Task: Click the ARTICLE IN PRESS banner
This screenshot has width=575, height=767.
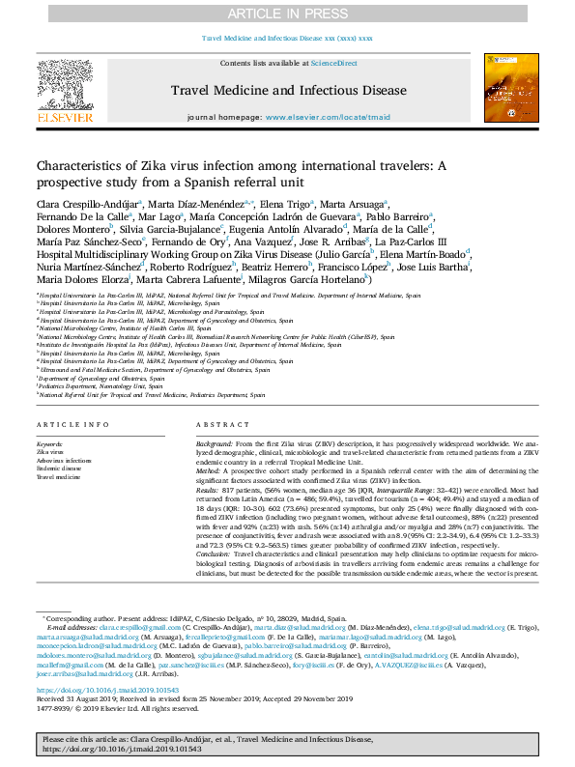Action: pos(287,13)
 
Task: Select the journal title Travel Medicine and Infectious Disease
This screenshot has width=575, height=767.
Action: pos(289,91)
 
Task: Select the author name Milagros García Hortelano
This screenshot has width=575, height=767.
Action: pos(318,280)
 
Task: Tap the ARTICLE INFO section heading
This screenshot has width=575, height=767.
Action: pos(67,425)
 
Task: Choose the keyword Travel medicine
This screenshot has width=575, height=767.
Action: pos(58,477)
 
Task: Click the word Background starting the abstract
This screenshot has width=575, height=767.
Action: pos(216,441)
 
